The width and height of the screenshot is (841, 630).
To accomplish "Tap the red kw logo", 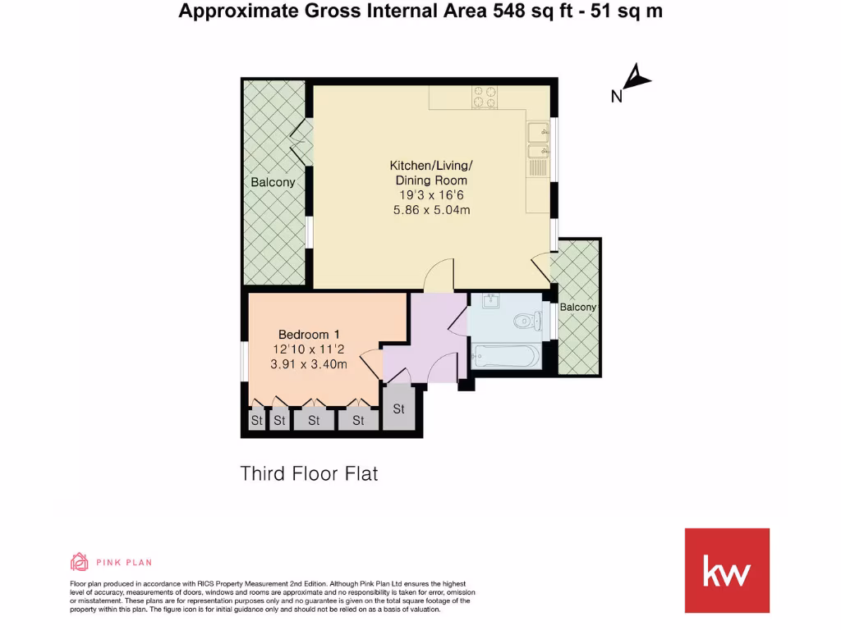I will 727,570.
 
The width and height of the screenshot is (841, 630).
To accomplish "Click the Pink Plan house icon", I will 79,562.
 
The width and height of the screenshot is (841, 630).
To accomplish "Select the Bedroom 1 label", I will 309,334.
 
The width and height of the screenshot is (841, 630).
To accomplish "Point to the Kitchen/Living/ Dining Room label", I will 431,173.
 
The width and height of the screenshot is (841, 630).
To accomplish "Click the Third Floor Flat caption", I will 309,473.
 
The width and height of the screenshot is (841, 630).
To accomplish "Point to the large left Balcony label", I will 273,182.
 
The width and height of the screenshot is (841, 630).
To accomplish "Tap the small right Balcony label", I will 578,307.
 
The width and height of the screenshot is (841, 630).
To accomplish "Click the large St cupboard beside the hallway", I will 399,408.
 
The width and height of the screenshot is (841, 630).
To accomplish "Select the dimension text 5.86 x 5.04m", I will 431,210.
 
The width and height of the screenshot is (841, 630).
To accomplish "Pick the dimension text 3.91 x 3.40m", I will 309,364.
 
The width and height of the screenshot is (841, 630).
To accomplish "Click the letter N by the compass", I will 616,97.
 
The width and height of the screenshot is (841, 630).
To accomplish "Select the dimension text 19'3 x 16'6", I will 431,195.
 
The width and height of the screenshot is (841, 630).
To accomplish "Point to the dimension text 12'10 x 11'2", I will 309,349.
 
